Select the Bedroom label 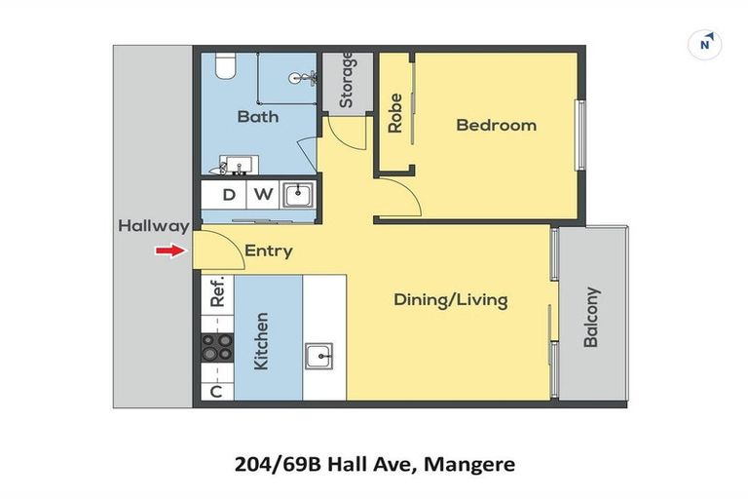[496, 125]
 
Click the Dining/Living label [450, 299]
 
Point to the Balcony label [591, 317]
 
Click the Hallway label [153, 226]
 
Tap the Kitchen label [261, 341]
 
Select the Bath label [257, 117]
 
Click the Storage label [346, 79]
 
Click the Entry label [268, 250]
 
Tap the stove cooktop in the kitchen [217, 346]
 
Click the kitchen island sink [318, 356]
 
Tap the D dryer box [229, 194]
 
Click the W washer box [263, 194]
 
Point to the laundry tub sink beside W [297, 194]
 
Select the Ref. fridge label [218, 291]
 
